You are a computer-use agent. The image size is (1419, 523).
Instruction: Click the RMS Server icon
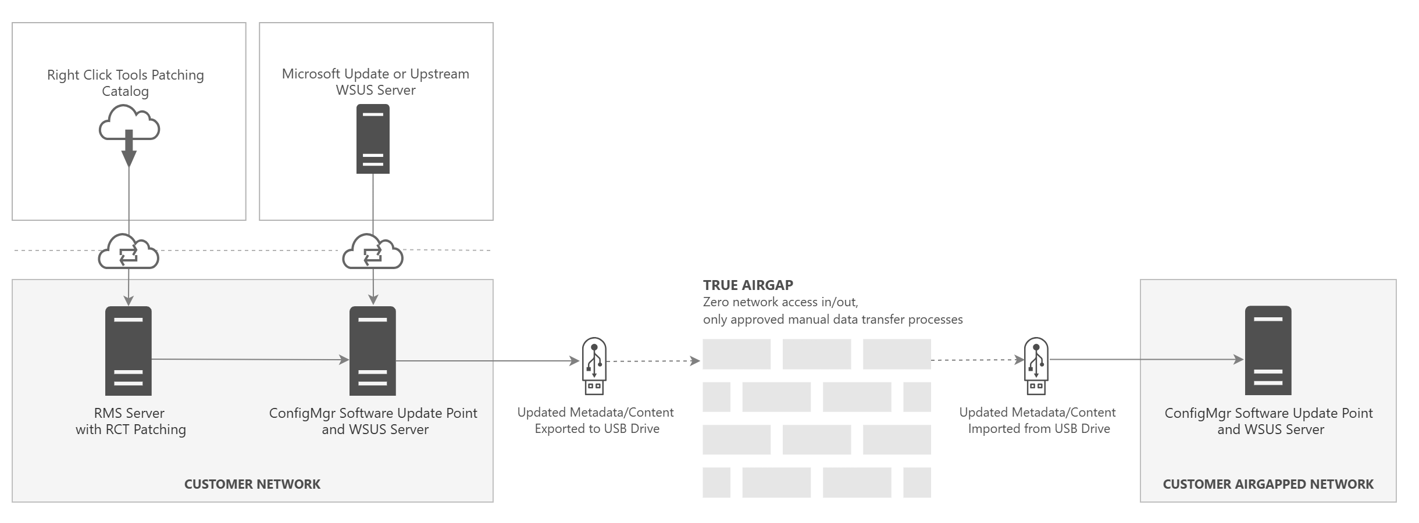pyautogui.click(x=129, y=351)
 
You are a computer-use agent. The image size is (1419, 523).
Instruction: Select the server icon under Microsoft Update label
pyautogui.click(x=373, y=139)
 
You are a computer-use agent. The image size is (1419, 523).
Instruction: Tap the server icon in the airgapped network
pyautogui.click(x=1268, y=350)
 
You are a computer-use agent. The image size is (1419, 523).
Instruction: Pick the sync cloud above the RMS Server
pyautogui.click(x=129, y=252)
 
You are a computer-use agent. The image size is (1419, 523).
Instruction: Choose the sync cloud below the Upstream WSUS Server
pyautogui.click(x=373, y=252)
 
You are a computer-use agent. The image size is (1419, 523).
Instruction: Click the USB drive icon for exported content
pyautogui.click(x=594, y=366)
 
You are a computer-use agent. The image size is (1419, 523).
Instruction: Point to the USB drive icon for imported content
pyautogui.click(x=1036, y=366)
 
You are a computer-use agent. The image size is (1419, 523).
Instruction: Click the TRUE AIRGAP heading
pyautogui.click(x=748, y=285)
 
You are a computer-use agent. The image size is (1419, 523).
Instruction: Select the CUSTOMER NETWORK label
pyautogui.click(x=252, y=484)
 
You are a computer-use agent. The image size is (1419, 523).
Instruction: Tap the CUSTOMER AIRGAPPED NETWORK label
pyautogui.click(x=1268, y=484)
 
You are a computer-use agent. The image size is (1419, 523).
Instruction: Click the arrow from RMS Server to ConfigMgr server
pyautogui.click(x=250, y=360)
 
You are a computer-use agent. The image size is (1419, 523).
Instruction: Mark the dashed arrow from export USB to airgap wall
pyautogui.click(x=653, y=361)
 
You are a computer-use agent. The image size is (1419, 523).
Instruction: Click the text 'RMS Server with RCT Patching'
pyautogui.click(x=130, y=421)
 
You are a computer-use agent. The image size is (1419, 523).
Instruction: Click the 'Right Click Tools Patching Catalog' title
pyautogui.click(x=126, y=83)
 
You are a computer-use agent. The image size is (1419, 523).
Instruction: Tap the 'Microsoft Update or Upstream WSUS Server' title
pyautogui.click(x=376, y=82)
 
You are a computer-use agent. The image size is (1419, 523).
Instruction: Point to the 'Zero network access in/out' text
pyautogui.click(x=780, y=302)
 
